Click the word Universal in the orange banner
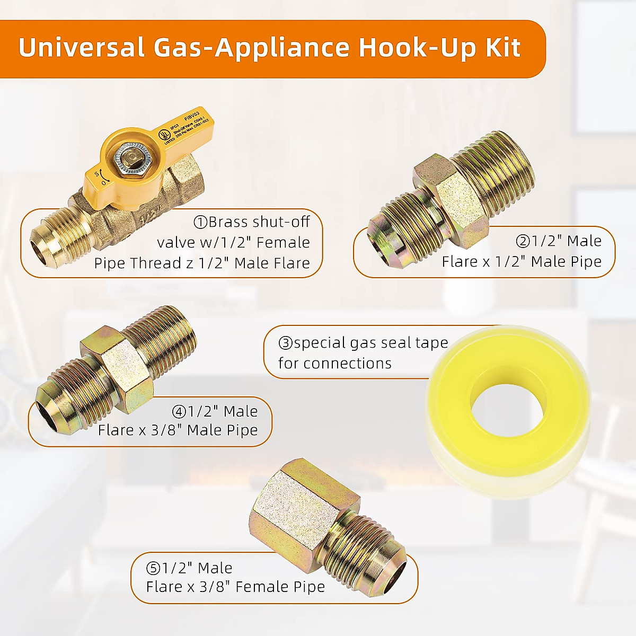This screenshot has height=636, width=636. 81,48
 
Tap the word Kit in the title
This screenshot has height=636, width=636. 503,48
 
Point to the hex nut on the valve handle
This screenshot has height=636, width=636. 128,159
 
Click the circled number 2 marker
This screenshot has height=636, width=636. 523,242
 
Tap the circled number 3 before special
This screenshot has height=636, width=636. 285,343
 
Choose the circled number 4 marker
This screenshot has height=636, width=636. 179,412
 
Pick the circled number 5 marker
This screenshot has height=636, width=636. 153,569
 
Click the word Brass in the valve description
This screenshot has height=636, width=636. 228,222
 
